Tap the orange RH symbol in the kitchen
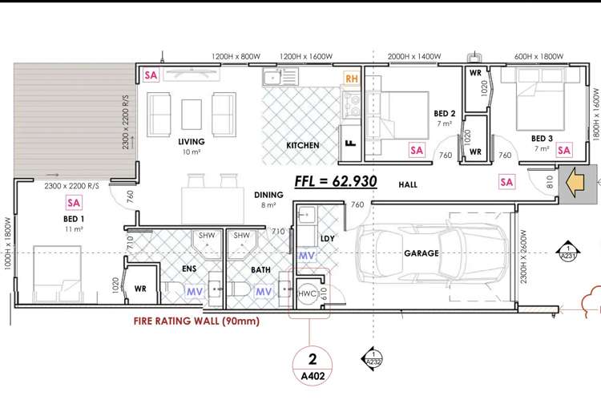click(x=352, y=79)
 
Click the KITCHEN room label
click(x=303, y=145)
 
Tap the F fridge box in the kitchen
click(x=350, y=143)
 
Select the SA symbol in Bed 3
click(x=564, y=150)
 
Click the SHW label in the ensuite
click(x=207, y=235)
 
